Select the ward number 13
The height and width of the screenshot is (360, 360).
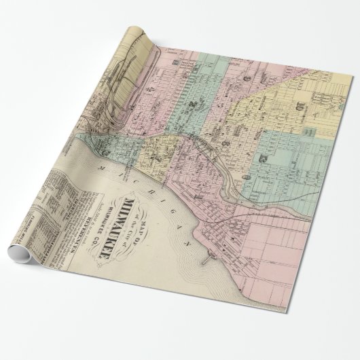[x=262, y=158]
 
